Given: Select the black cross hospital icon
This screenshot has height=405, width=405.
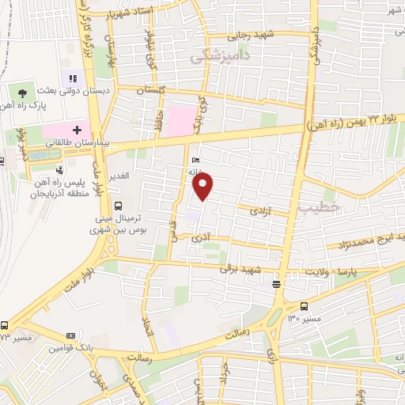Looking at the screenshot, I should pyautogui.click(x=77, y=128).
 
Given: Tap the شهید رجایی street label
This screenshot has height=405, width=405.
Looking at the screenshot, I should pyautogui.click(x=252, y=36).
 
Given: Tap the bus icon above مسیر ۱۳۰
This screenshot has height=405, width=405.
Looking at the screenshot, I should pyautogui.click(x=305, y=306).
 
